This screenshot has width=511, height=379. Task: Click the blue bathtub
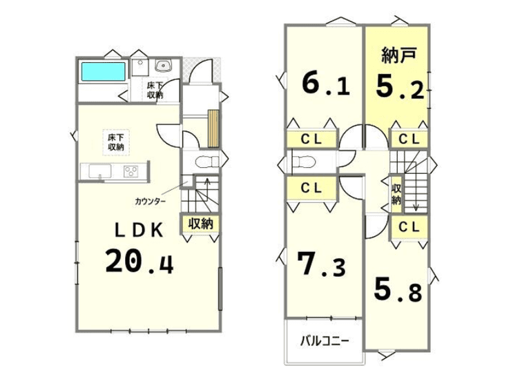(x=103, y=71)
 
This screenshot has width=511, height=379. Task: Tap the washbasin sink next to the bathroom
(x=162, y=66)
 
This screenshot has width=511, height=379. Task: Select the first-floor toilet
(x=206, y=162)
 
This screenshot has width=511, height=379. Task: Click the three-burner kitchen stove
(x=131, y=171)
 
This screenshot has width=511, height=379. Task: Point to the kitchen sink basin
(x=100, y=171)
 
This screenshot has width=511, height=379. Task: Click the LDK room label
(x=139, y=230)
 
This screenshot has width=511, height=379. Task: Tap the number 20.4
(x=139, y=261)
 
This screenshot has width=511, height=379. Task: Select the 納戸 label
(x=399, y=55)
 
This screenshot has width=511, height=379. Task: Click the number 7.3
(x=321, y=264)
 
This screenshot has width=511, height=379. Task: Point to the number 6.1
(x=326, y=84)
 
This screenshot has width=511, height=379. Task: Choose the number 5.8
(x=398, y=289)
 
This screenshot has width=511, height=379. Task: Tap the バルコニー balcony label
(x=325, y=341)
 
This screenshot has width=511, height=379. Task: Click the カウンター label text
(x=151, y=202)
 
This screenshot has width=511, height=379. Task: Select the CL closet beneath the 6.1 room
(x=311, y=139)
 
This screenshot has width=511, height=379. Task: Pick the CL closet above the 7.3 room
(x=311, y=188)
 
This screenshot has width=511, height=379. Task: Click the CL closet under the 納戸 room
(x=409, y=139)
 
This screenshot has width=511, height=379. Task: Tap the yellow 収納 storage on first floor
(x=200, y=224)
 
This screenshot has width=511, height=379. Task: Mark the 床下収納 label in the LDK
(x=116, y=142)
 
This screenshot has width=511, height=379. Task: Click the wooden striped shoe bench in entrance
(x=213, y=128)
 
